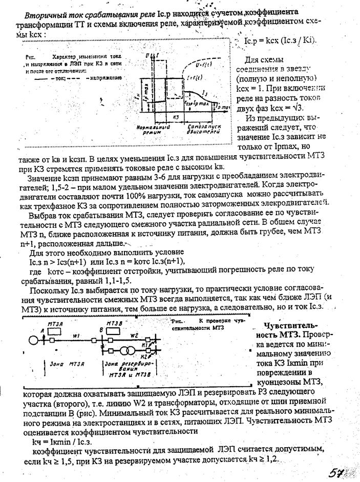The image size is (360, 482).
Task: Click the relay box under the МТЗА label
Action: pos(55,331)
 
